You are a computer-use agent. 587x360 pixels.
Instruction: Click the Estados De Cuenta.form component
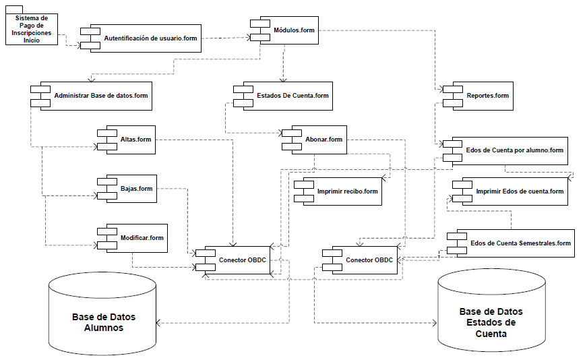click(x=290, y=96)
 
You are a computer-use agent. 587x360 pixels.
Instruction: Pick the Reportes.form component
click(x=483, y=96)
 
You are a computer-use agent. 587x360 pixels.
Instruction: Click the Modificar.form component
click(x=137, y=238)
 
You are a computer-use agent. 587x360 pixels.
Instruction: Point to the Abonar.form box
click(x=320, y=140)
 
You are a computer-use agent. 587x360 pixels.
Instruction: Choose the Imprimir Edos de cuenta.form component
click(x=515, y=191)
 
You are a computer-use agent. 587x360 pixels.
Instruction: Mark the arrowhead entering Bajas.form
click(x=94, y=196)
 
